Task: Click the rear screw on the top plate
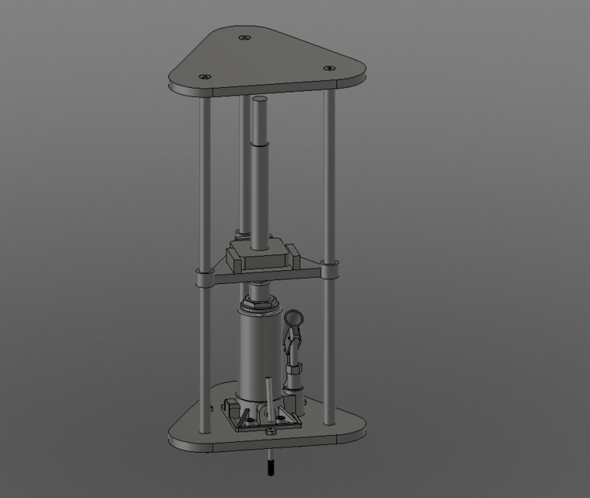[x=244, y=37]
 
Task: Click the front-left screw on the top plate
[x=205, y=76]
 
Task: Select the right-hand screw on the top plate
[x=327, y=68]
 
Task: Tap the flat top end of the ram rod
[x=260, y=100]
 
